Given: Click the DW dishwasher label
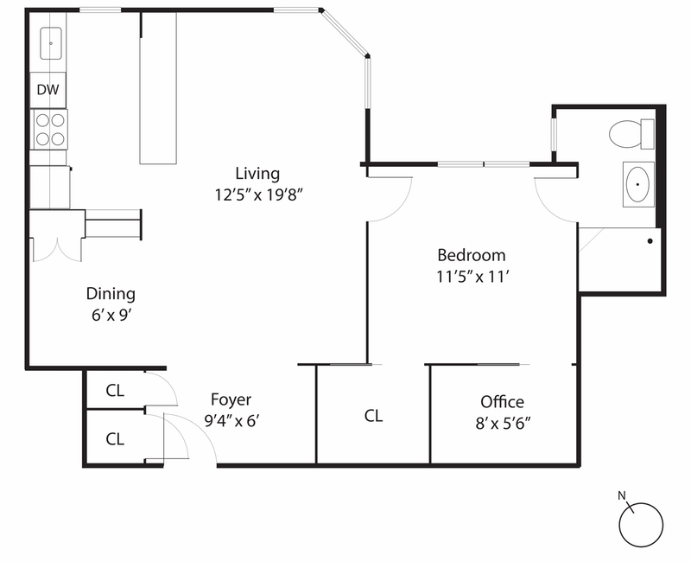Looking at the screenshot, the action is click(48, 88).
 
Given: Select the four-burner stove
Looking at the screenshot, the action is click(49, 129).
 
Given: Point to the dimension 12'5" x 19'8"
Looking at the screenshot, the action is click(258, 195).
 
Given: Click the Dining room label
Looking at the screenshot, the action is click(111, 294).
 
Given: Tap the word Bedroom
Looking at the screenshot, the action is click(471, 255).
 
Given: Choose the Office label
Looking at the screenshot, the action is click(502, 402).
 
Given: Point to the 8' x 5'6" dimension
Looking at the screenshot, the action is click(502, 424).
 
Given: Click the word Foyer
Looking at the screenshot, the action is click(231, 399).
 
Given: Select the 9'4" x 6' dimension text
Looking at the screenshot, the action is click(231, 421).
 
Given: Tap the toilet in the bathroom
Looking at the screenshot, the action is click(631, 134).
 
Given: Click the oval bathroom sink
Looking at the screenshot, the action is click(638, 183).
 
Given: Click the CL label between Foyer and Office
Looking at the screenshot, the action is click(373, 416).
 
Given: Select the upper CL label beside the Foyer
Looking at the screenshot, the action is click(115, 391).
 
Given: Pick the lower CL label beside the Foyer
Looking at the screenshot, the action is click(115, 438).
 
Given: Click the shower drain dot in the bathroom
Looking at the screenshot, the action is click(650, 240).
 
